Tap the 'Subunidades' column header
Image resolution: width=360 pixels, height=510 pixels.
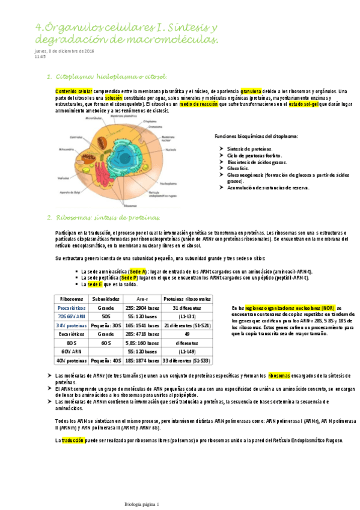click(110, 299)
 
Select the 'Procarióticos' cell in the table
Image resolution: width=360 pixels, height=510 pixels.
click(72, 307)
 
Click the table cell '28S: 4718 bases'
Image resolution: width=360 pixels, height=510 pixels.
click(142, 333)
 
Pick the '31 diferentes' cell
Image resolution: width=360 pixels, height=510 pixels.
click(187, 307)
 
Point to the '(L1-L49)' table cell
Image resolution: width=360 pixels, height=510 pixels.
click(187, 351)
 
